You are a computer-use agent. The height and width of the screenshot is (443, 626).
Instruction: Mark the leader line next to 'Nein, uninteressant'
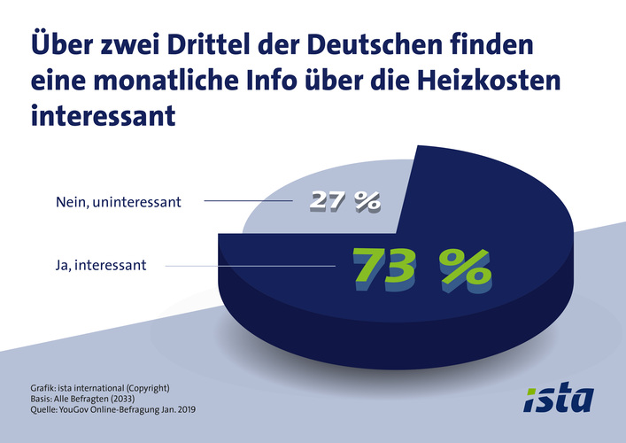[248, 202]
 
